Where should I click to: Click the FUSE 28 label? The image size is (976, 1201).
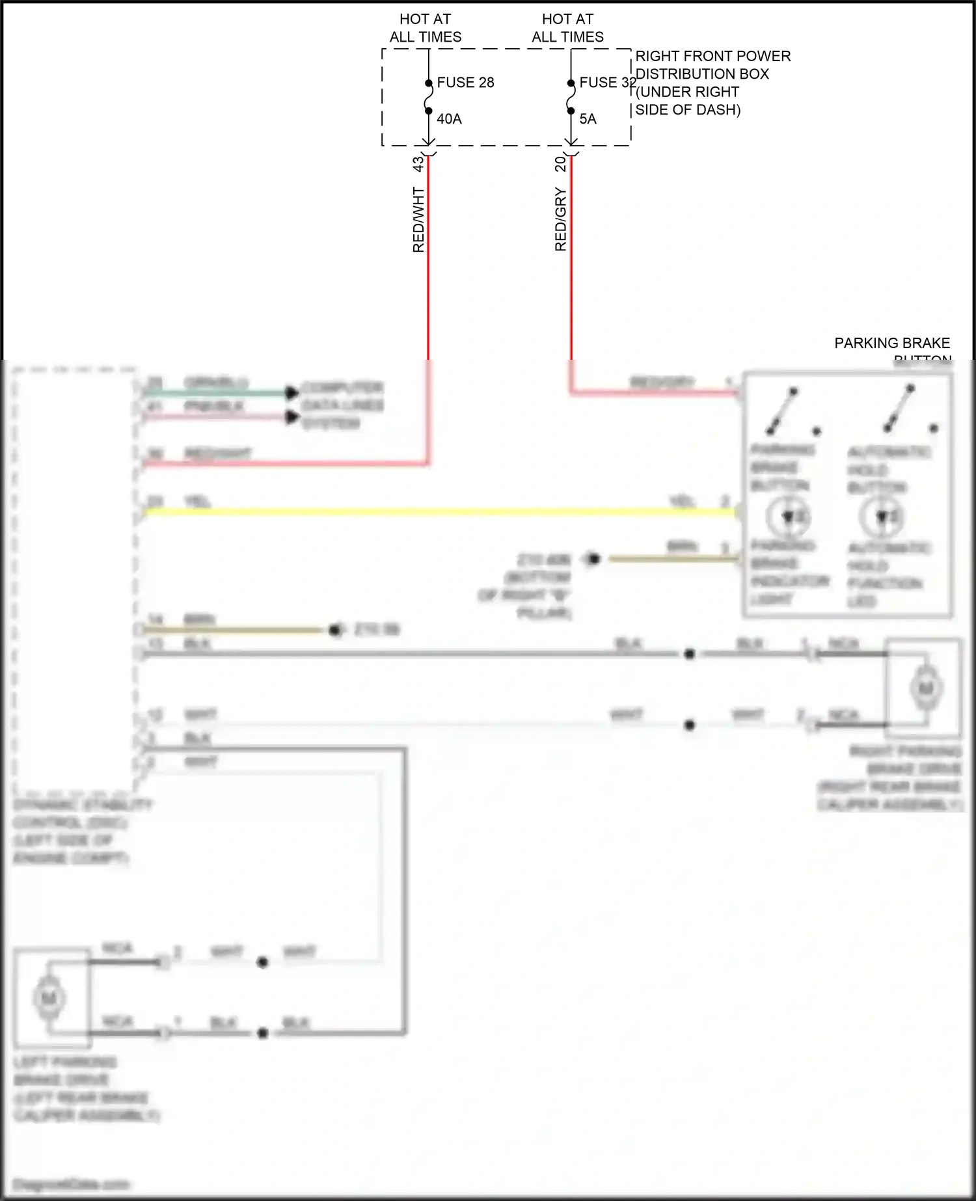pyautogui.click(x=465, y=83)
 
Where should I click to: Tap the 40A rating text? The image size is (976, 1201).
pyautogui.click(x=449, y=119)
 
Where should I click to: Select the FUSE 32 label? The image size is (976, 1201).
pyautogui.click(x=607, y=83)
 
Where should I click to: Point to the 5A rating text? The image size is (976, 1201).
pyautogui.click(x=588, y=119)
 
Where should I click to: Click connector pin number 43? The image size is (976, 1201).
pyautogui.click(x=418, y=164)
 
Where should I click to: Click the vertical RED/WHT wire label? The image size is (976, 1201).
pyautogui.click(x=418, y=220)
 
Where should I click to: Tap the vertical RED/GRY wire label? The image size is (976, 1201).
pyautogui.click(x=561, y=220)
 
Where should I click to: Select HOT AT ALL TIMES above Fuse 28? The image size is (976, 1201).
pyautogui.click(x=426, y=28)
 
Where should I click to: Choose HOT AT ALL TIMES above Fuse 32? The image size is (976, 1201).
pyautogui.click(x=567, y=28)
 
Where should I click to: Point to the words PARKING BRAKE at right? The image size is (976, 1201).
pyautogui.click(x=892, y=343)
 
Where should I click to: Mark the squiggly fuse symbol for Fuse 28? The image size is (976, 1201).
pyautogui.click(x=428, y=97)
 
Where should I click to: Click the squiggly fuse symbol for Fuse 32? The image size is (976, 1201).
pyautogui.click(x=571, y=97)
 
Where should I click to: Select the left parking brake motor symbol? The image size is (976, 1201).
pyautogui.click(x=49, y=998)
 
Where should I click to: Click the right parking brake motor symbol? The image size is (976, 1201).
pyautogui.click(x=925, y=688)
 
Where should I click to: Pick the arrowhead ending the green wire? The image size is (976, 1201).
pyautogui.click(x=292, y=392)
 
